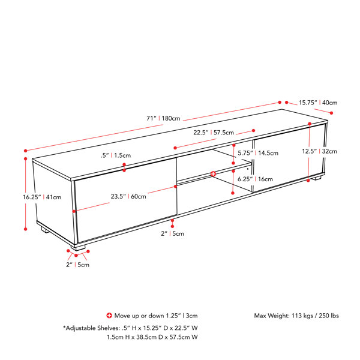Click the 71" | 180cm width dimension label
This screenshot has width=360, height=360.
(163, 118)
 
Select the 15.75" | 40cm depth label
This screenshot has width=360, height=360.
(318, 103)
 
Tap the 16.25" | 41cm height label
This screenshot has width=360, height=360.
(42, 197)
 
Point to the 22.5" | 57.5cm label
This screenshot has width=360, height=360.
(214, 133)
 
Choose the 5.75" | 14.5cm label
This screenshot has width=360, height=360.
(258, 153)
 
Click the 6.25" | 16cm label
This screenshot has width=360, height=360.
(256, 179)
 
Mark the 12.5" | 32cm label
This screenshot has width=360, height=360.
(319, 151)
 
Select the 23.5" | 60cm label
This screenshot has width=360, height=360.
(128, 197)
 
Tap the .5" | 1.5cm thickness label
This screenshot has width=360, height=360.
(116, 155)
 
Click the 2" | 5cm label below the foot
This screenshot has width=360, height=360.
(77, 265)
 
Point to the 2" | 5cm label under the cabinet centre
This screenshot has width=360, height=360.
(172, 234)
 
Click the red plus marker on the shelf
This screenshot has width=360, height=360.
(213, 174)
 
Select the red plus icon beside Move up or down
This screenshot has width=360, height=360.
(109, 316)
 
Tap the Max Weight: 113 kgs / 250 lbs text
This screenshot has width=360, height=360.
(296, 316)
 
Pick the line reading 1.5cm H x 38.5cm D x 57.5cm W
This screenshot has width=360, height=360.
(152, 337)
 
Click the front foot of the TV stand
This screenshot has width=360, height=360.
(78, 248)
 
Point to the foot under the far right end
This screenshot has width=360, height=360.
(316, 178)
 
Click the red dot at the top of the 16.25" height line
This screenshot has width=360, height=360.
(25, 158)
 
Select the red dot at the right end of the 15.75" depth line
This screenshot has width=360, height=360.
(331, 113)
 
